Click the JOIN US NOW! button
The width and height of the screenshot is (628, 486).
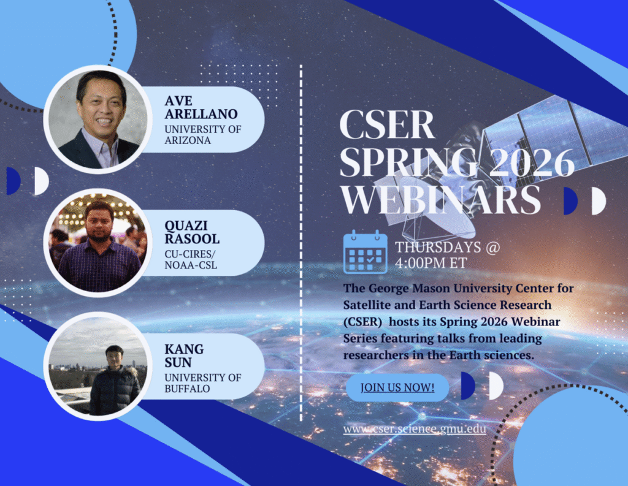coord(397,387)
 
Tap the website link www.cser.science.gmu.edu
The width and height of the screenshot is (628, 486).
coord(415,429)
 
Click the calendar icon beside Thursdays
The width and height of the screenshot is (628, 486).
coord(366,252)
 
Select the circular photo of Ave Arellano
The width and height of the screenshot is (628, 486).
coord(98,120)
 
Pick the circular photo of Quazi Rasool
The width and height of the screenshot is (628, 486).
coord(98,243)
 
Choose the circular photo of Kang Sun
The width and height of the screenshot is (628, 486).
coord(98,366)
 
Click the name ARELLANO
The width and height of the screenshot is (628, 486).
coord(201,114)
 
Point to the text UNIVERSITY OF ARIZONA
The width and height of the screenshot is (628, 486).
coord(202,134)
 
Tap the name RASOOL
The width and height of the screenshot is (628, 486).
coord(192,239)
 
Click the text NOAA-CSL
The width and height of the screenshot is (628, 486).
coord(191,265)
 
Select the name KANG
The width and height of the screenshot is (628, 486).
coord(184,349)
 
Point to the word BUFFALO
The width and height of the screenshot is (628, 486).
coord(187,389)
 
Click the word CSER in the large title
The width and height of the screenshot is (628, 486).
coord(387,124)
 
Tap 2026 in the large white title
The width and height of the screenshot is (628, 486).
coord(532,162)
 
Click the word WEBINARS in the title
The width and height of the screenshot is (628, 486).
coord(440,199)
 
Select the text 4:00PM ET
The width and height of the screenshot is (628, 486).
coord(431,263)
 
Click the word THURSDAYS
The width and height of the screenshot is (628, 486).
coord(438,247)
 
